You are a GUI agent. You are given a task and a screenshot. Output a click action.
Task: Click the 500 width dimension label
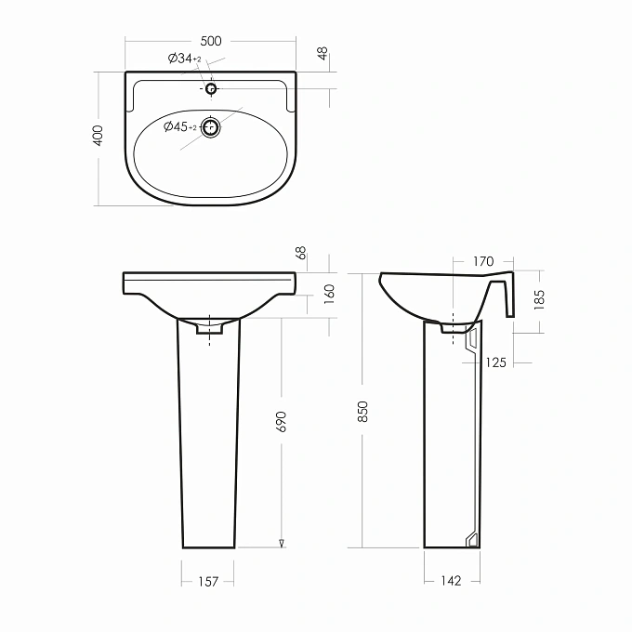pos(211,41)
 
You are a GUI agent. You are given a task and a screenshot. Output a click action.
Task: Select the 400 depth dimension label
pos(98,136)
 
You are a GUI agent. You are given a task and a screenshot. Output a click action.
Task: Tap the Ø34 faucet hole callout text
pos(184,59)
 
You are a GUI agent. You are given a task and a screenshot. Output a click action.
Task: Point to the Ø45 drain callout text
pos(180,126)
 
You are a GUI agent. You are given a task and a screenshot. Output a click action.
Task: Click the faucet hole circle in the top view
pos(211,88)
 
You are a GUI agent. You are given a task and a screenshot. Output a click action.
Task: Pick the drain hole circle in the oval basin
pos(210,127)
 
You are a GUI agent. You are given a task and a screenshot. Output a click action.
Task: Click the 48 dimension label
pos(323,54)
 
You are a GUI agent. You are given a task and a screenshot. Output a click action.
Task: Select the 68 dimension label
pos(301,253)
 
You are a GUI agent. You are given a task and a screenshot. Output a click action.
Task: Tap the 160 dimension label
pos(330,294)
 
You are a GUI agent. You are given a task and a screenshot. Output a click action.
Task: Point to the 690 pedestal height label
pos(281,422)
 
